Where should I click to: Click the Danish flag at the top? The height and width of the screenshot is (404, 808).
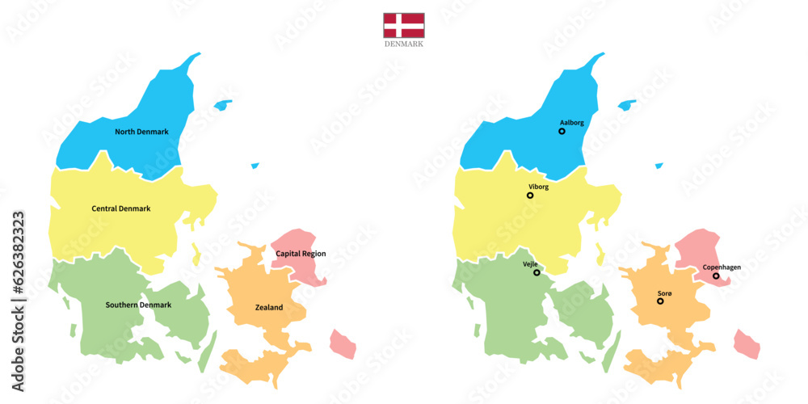(404, 25)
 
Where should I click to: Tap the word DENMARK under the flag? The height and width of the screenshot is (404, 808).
(404, 44)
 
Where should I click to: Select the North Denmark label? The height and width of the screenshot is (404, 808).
(141, 132)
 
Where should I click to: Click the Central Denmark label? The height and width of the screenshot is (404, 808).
(121, 208)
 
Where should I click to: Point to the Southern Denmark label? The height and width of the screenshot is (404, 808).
(138, 305)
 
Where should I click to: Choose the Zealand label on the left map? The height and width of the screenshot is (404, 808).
(269, 308)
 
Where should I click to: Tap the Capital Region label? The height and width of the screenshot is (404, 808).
(301, 254)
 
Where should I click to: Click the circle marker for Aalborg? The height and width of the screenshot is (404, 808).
(562, 131)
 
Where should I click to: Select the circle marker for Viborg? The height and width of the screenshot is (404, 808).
(530, 195)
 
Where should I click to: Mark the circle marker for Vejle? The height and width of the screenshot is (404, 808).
(537, 272)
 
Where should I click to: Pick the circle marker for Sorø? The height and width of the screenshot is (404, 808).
(660, 301)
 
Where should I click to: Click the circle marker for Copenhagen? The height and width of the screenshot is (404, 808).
(716, 276)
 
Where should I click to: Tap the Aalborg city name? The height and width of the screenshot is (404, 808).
(571, 123)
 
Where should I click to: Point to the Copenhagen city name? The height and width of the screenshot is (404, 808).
(722, 267)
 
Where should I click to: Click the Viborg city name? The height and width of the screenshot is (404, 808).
(537, 187)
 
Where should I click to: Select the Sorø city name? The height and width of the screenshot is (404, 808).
(664, 292)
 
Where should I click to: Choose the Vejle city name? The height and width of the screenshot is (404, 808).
(530, 264)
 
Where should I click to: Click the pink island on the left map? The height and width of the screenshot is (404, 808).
(343, 343)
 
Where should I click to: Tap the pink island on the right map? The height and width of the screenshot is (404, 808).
(747, 343)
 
